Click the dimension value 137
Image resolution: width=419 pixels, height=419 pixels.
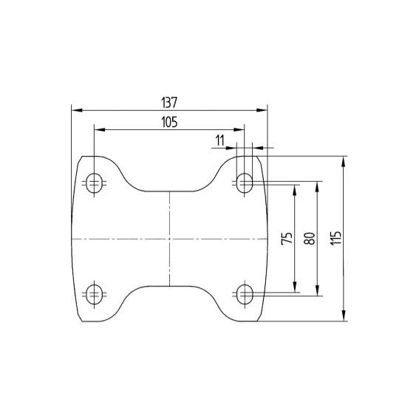click(169, 102)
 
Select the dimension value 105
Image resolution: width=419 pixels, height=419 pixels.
click(169, 122)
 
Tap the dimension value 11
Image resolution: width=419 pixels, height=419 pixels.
click(220, 140)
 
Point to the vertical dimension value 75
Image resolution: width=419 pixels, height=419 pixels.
click(287, 239)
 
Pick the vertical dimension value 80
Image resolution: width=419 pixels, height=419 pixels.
click(310, 239)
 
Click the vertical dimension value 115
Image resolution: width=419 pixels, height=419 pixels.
click(336, 238)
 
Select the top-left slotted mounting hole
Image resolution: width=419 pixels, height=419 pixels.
click(94, 183)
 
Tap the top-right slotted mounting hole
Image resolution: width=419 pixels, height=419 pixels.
click(245, 183)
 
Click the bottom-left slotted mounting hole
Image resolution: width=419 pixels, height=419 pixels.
click(94, 294)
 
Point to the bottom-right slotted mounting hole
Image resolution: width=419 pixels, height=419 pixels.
click(245, 294)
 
